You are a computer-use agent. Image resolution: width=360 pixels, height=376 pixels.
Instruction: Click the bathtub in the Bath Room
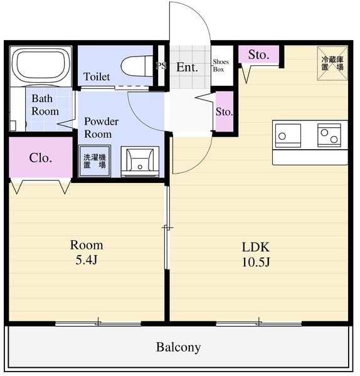tap(41, 65)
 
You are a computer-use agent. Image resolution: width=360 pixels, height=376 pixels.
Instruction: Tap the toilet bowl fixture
tap(137, 66)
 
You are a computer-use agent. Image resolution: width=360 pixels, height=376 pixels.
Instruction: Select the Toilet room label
tap(97, 76)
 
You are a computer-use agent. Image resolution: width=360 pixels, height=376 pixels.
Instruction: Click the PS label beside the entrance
tap(161, 66)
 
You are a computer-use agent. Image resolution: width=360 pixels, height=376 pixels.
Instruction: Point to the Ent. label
tap(187, 67)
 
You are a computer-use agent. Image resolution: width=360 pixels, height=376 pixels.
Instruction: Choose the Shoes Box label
tap(221, 65)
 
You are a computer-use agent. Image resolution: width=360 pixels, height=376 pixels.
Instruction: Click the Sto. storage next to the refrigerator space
tap(259, 55)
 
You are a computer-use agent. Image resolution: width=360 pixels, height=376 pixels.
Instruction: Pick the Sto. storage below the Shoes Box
tap(225, 112)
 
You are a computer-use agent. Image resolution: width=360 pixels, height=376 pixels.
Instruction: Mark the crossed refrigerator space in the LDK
tap(332, 63)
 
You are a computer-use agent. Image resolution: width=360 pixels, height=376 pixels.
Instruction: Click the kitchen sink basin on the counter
tap(288, 135)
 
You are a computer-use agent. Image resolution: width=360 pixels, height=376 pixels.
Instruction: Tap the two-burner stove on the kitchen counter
tap(329, 135)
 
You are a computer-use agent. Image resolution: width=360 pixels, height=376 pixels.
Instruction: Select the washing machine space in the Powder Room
tap(95, 161)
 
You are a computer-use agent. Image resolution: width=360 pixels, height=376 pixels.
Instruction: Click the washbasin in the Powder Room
tap(140, 162)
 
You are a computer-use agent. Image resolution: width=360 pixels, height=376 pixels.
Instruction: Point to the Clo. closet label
tap(41, 158)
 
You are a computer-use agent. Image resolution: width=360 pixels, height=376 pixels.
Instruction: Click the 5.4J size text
tap(87, 259)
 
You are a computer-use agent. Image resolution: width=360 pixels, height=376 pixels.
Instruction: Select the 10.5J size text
tap(256, 262)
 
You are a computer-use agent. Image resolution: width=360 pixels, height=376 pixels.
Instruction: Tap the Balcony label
tap(178, 347)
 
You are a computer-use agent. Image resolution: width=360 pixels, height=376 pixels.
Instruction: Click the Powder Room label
tap(101, 128)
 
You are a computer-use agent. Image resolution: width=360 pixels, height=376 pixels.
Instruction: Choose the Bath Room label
tap(45, 105)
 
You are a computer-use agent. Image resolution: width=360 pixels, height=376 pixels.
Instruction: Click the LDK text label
tap(256, 247)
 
